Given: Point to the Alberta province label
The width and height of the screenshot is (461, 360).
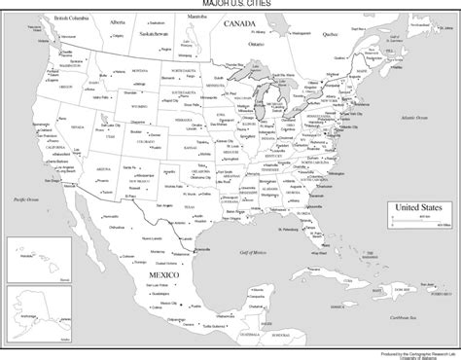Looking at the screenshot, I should (118, 18).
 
